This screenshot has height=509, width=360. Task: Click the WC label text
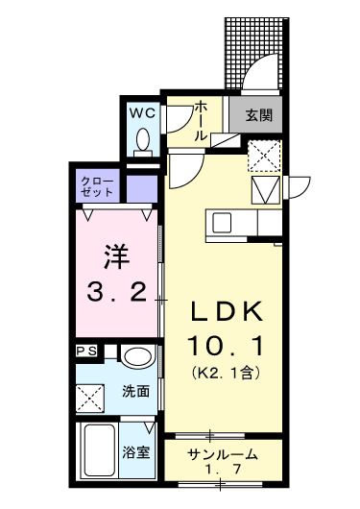pos(143,112)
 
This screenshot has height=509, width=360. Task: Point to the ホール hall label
pos(200,122)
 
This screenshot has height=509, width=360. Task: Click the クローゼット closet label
pos(97,184)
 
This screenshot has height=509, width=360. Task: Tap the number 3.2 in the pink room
pos(116,290)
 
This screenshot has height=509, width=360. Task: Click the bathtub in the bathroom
pos(99,451)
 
